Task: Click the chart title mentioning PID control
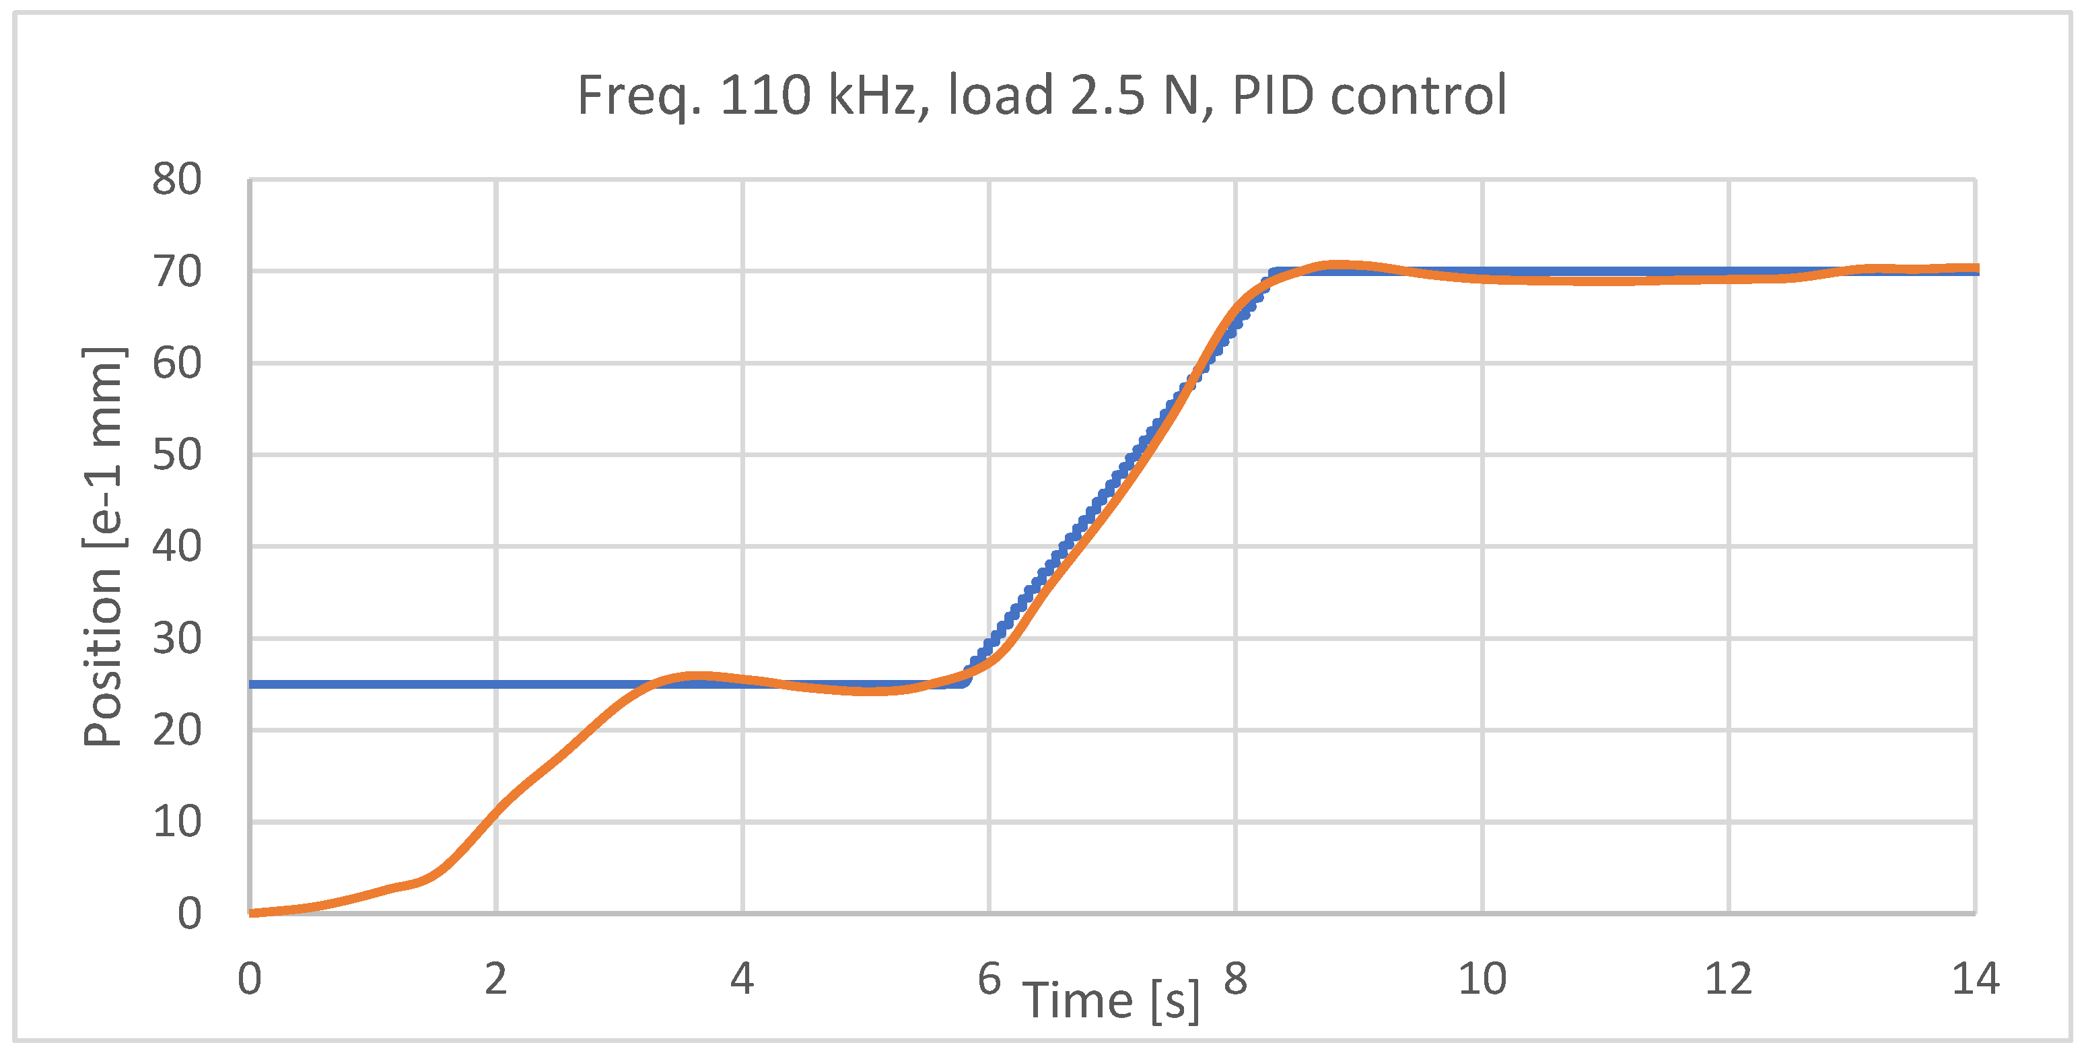(x=1041, y=96)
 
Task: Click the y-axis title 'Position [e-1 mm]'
(x=103, y=546)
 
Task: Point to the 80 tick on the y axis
(x=176, y=179)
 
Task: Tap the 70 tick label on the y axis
(x=176, y=272)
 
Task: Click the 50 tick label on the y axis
(x=176, y=455)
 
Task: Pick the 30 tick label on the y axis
(x=176, y=639)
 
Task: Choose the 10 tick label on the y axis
(x=176, y=822)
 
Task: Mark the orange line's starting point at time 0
(x=252, y=913)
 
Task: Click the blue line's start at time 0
(x=252, y=685)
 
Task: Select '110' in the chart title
(x=765, y=96)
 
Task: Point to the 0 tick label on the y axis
(x=190, y=914)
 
